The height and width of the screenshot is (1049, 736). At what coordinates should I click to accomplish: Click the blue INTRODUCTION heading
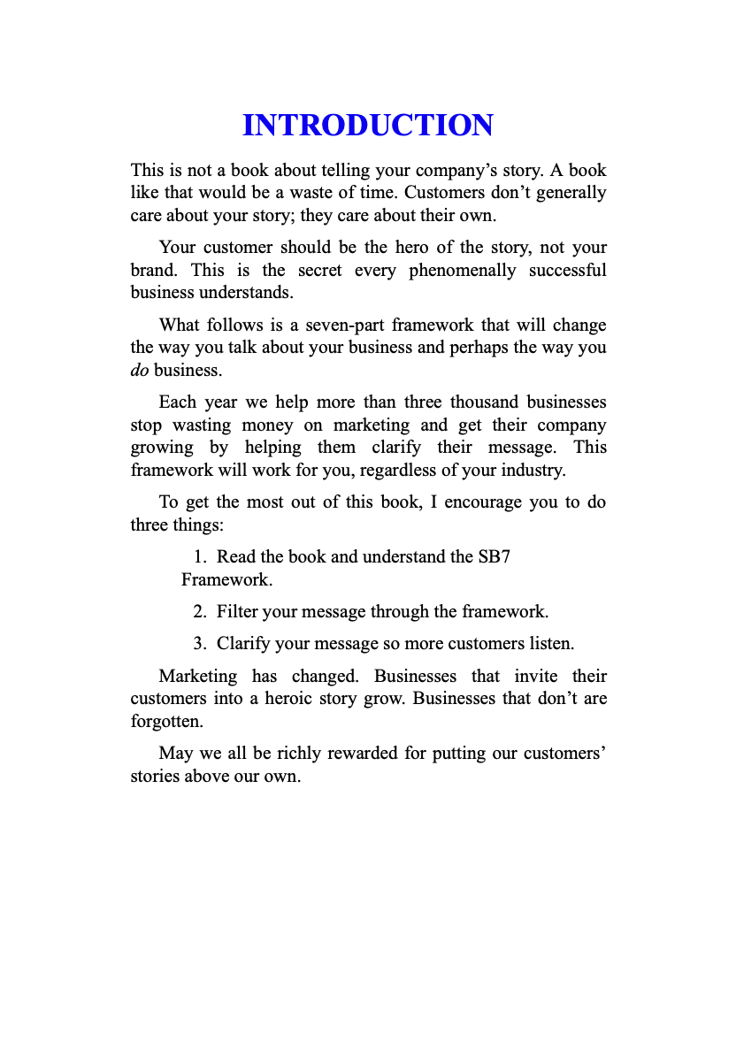click(x=367, y=126)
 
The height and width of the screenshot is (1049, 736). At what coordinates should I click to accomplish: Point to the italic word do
click(x=140, y=370)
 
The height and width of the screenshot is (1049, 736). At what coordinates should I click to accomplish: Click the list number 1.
click(x=199, y=557)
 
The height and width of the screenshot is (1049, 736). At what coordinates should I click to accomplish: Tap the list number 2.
click(x=199, y=611)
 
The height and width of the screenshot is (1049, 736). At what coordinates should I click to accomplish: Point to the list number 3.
click(x=199, y=643)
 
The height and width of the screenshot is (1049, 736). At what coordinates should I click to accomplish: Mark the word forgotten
click(x=166, y=721)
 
